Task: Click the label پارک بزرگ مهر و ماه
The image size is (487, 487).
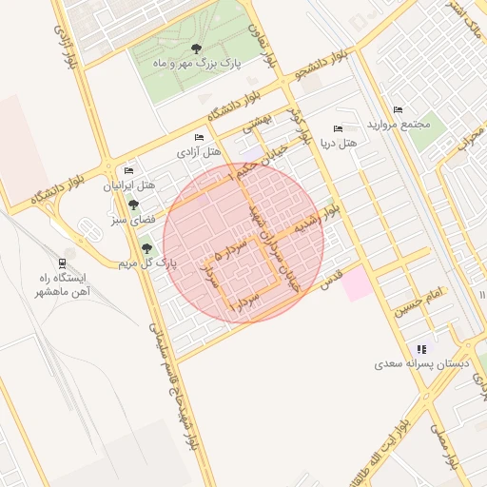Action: click(197, 64)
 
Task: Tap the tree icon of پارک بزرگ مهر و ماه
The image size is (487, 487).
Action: click(196, 49)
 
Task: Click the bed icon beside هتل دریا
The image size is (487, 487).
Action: click(338, 129)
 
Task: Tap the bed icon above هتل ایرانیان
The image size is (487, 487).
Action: click(128, 170)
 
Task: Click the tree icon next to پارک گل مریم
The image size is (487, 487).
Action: click(146, 248)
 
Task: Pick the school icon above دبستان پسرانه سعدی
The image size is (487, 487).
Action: click(421, 349)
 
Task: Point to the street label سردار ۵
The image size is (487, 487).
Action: click(232, 251)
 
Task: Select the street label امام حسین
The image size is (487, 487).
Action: click(422, 304)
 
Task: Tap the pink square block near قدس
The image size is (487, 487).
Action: click(358, 284)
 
